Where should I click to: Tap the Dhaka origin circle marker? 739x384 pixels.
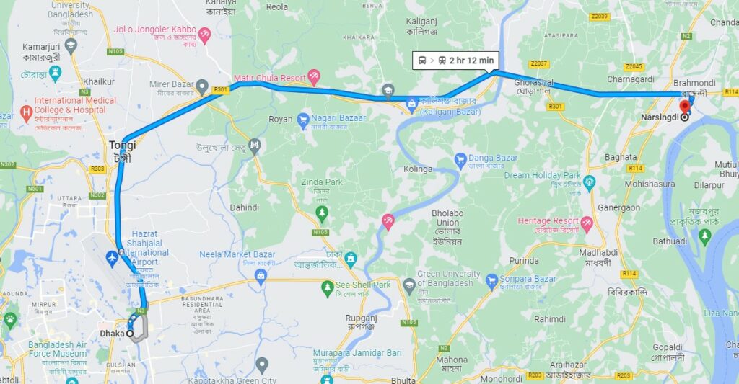(131, 334)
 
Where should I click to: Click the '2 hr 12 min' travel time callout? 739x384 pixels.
(455, 61)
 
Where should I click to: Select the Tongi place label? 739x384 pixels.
(123, 145)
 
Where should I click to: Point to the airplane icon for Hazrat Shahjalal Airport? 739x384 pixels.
(112, 257)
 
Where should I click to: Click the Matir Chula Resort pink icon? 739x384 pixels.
(314, 76)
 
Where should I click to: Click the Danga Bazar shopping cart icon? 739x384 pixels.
(460, 158)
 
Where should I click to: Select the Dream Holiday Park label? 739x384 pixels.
(542, 175)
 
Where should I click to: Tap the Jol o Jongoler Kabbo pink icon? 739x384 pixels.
(204, 33)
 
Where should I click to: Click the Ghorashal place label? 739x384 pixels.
(512, 83)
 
